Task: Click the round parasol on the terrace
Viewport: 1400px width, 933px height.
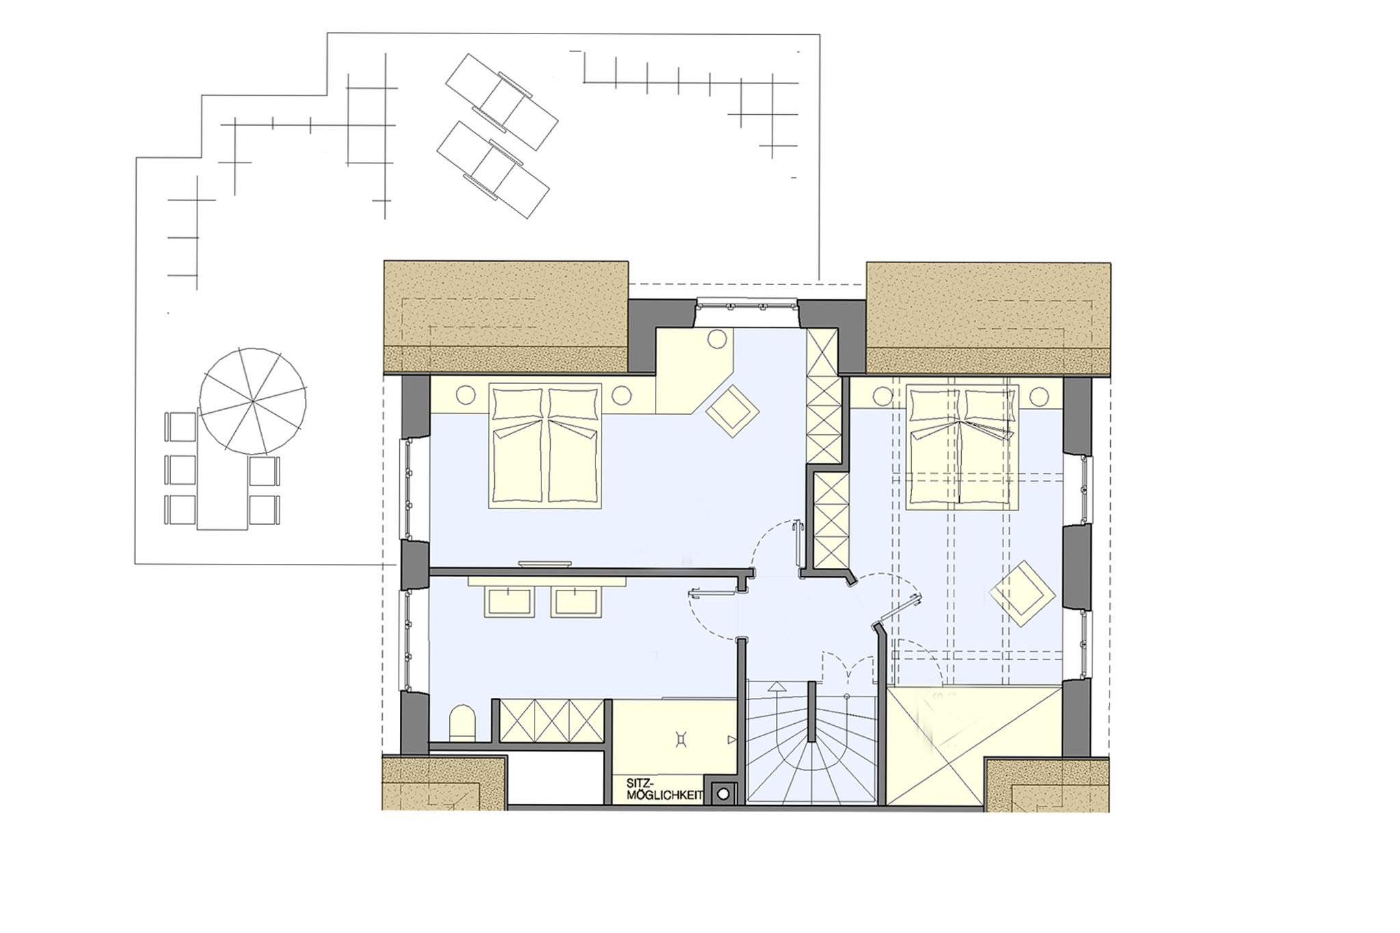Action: [x=253, y=401]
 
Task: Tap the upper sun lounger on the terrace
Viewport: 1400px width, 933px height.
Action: [x=501, y=101]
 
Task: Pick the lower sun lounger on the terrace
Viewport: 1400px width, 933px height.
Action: [x=493, y=170]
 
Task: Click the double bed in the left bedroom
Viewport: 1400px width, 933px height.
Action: [x=546, y=446]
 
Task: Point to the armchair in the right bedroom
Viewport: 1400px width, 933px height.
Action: [x=1023, y=593]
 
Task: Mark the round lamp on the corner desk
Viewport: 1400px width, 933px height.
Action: [x=717, y=339]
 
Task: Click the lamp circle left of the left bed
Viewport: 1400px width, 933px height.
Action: [x=466, y=395]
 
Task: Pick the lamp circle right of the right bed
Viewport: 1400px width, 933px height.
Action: [x=1040, y=396]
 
